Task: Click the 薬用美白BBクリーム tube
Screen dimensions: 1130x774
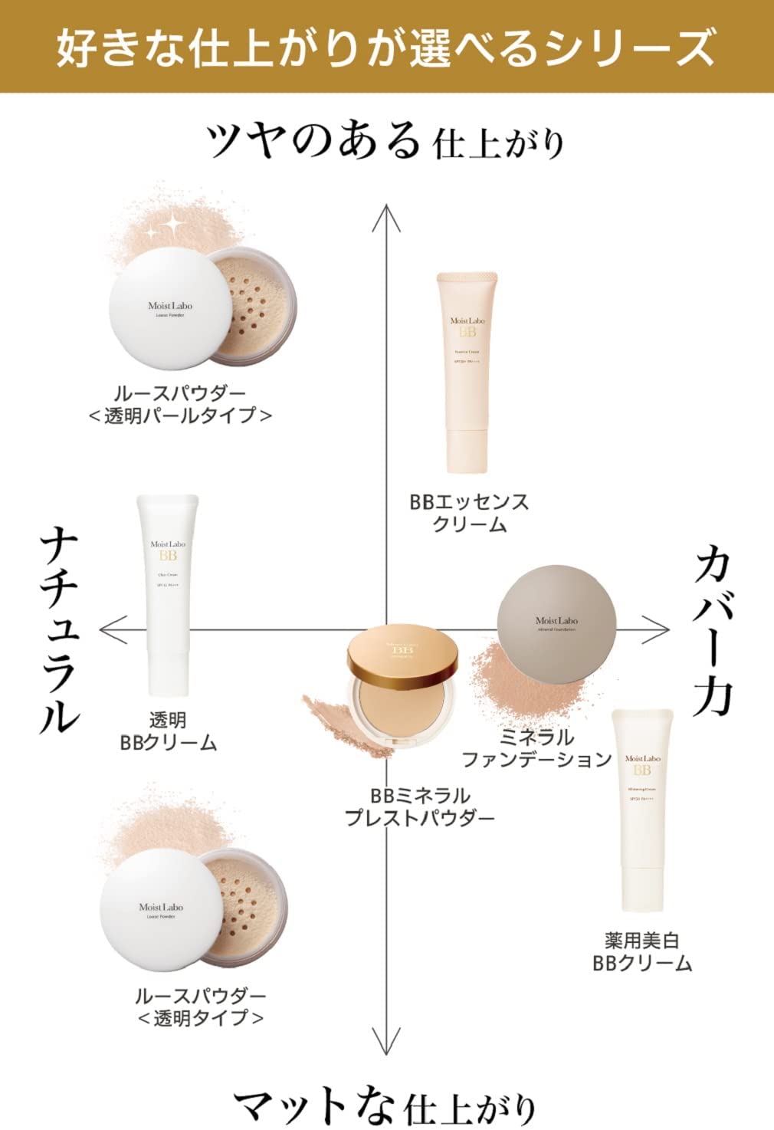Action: tap(642, 809)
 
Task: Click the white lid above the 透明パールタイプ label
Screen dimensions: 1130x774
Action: tap(169, 307)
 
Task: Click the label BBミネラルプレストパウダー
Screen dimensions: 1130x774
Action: tap(419, 806)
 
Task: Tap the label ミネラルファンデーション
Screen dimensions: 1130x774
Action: tap(536, 748)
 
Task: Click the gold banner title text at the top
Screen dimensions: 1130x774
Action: tap(386, 46)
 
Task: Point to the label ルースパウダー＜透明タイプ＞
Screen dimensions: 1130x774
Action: tap(201, 1007)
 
